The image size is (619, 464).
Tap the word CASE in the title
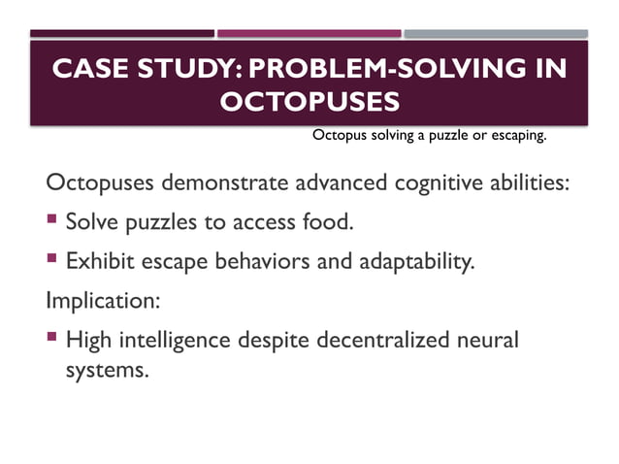pyautogui.click(x=87, y=70)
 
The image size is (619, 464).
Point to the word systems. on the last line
pyautogui.click(x=107, y=370)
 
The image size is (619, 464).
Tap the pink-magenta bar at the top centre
pyautogui.click(x=308, y=34)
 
